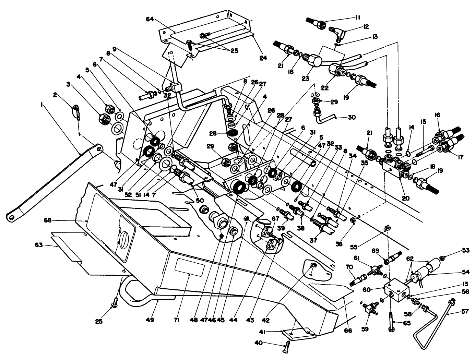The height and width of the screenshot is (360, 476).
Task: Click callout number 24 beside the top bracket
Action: pos(263,58)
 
